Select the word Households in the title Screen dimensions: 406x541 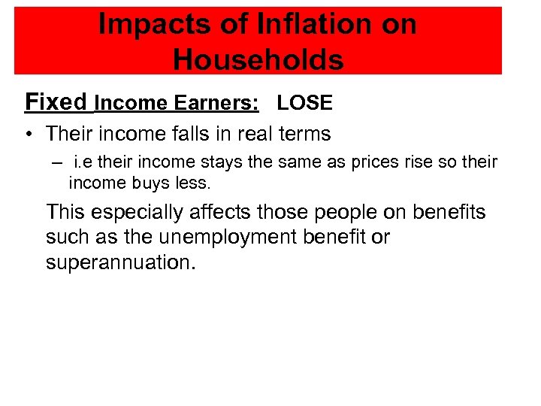click(258, 59)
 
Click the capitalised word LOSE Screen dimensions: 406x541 click(304, 103)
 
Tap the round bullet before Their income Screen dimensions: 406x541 click(27, 135)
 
